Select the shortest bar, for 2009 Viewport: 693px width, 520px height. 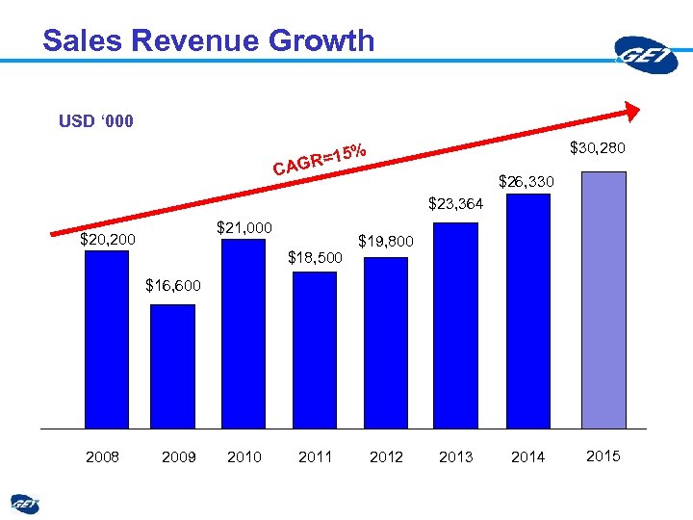[172, 366]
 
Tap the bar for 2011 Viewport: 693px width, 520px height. [315, 350]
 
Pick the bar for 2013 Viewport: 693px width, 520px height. [455, 325]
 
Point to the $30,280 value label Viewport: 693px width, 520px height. [598, 148]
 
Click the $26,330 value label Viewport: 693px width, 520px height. [526, 181]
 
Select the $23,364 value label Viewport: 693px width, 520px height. [455, 203]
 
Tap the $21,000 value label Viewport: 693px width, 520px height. [244, 227]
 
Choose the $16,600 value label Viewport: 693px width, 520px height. [173, 285]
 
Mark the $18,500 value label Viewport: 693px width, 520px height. [317, 257]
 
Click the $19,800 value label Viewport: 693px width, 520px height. [386, 241]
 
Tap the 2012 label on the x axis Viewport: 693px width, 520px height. [386, 456]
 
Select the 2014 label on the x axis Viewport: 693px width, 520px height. [527, 456]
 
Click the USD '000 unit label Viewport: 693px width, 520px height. [96, 121]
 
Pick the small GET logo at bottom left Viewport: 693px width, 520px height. [25, 503]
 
